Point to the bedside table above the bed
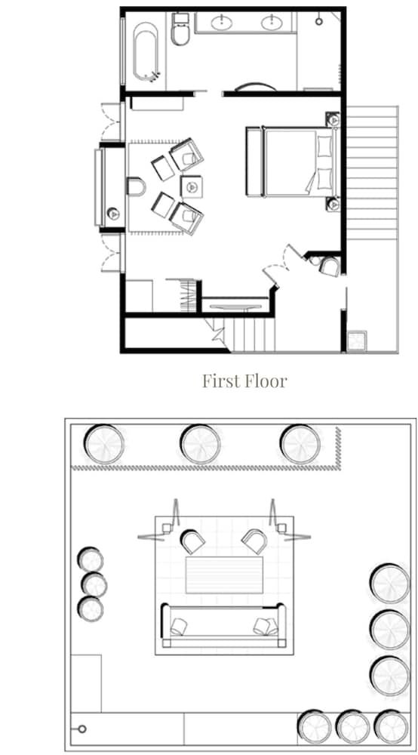coord(333,119)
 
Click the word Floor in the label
coord(268,381)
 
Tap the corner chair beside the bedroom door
coord(328,266)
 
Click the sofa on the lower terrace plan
coord(223,626)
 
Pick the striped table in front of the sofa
coord(224,575)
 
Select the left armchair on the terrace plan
coord(193,541)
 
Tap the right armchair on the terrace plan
coord(254,541)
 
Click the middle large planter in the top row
coord(200,443)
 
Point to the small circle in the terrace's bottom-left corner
coord(82,729)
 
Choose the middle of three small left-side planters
coord(94,584)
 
